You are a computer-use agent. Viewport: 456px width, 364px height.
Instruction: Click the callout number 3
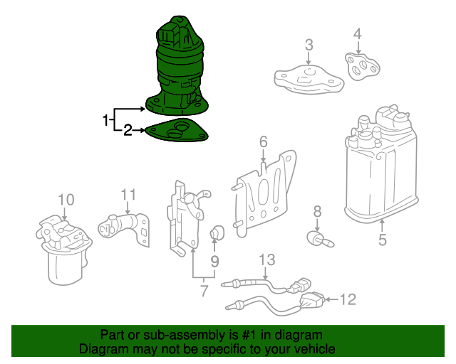point(309,45)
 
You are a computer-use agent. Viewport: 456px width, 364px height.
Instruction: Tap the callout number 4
point(358,33)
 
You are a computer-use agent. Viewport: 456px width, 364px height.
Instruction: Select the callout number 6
point(263,142)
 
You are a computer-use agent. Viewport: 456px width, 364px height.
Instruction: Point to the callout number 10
point(66,200)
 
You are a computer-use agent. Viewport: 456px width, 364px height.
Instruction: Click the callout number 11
point(128,195)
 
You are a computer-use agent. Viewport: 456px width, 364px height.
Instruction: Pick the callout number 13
point(266,259)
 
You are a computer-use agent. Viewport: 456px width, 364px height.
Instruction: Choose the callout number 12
point(348,299)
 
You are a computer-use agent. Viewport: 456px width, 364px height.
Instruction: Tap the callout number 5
point(383,240)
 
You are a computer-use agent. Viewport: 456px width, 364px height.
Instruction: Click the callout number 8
point(317,212)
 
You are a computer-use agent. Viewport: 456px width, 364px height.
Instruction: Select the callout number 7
point(204,291)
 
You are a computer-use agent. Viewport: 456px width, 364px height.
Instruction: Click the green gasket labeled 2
point(177,130)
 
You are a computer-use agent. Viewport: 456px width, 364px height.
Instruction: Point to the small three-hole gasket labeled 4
point(361,66)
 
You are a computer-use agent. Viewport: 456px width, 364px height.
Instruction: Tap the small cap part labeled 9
point(217,232)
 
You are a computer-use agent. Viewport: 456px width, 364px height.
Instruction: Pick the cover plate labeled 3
point(309,79)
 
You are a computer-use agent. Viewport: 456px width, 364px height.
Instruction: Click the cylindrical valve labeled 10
point(64,250)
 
